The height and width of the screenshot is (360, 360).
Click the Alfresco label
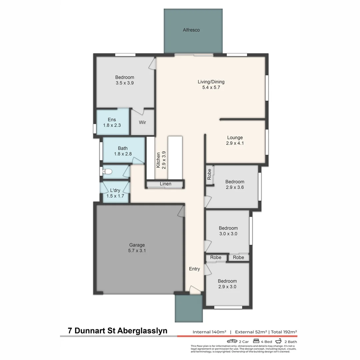[191, 30]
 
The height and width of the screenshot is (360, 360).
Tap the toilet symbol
[107, 172]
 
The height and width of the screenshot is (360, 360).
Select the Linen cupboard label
[166, 184]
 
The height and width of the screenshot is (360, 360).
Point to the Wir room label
[142, 122]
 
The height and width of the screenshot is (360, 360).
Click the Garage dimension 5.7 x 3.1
[137, 251]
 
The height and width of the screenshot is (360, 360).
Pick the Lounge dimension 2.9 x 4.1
[235, 143]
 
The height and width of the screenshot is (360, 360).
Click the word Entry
[194, 269]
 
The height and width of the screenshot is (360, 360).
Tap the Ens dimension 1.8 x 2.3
[112, 125]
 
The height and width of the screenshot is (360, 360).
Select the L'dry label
[115, 190]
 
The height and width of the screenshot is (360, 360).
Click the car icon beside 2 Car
[232, 341]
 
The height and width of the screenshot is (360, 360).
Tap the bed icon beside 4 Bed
[256, 341]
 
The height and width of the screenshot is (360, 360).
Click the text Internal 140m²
[209, 332]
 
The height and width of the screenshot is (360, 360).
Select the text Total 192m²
[284, 332]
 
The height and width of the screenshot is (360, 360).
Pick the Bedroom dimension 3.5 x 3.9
[125, 83]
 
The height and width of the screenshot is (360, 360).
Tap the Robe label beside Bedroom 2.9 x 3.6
[209, 175]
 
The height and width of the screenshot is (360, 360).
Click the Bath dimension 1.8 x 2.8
[123, 154]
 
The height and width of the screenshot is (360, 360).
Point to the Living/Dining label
[211, 82]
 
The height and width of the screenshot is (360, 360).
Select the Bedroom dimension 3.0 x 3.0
[228, 234]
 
